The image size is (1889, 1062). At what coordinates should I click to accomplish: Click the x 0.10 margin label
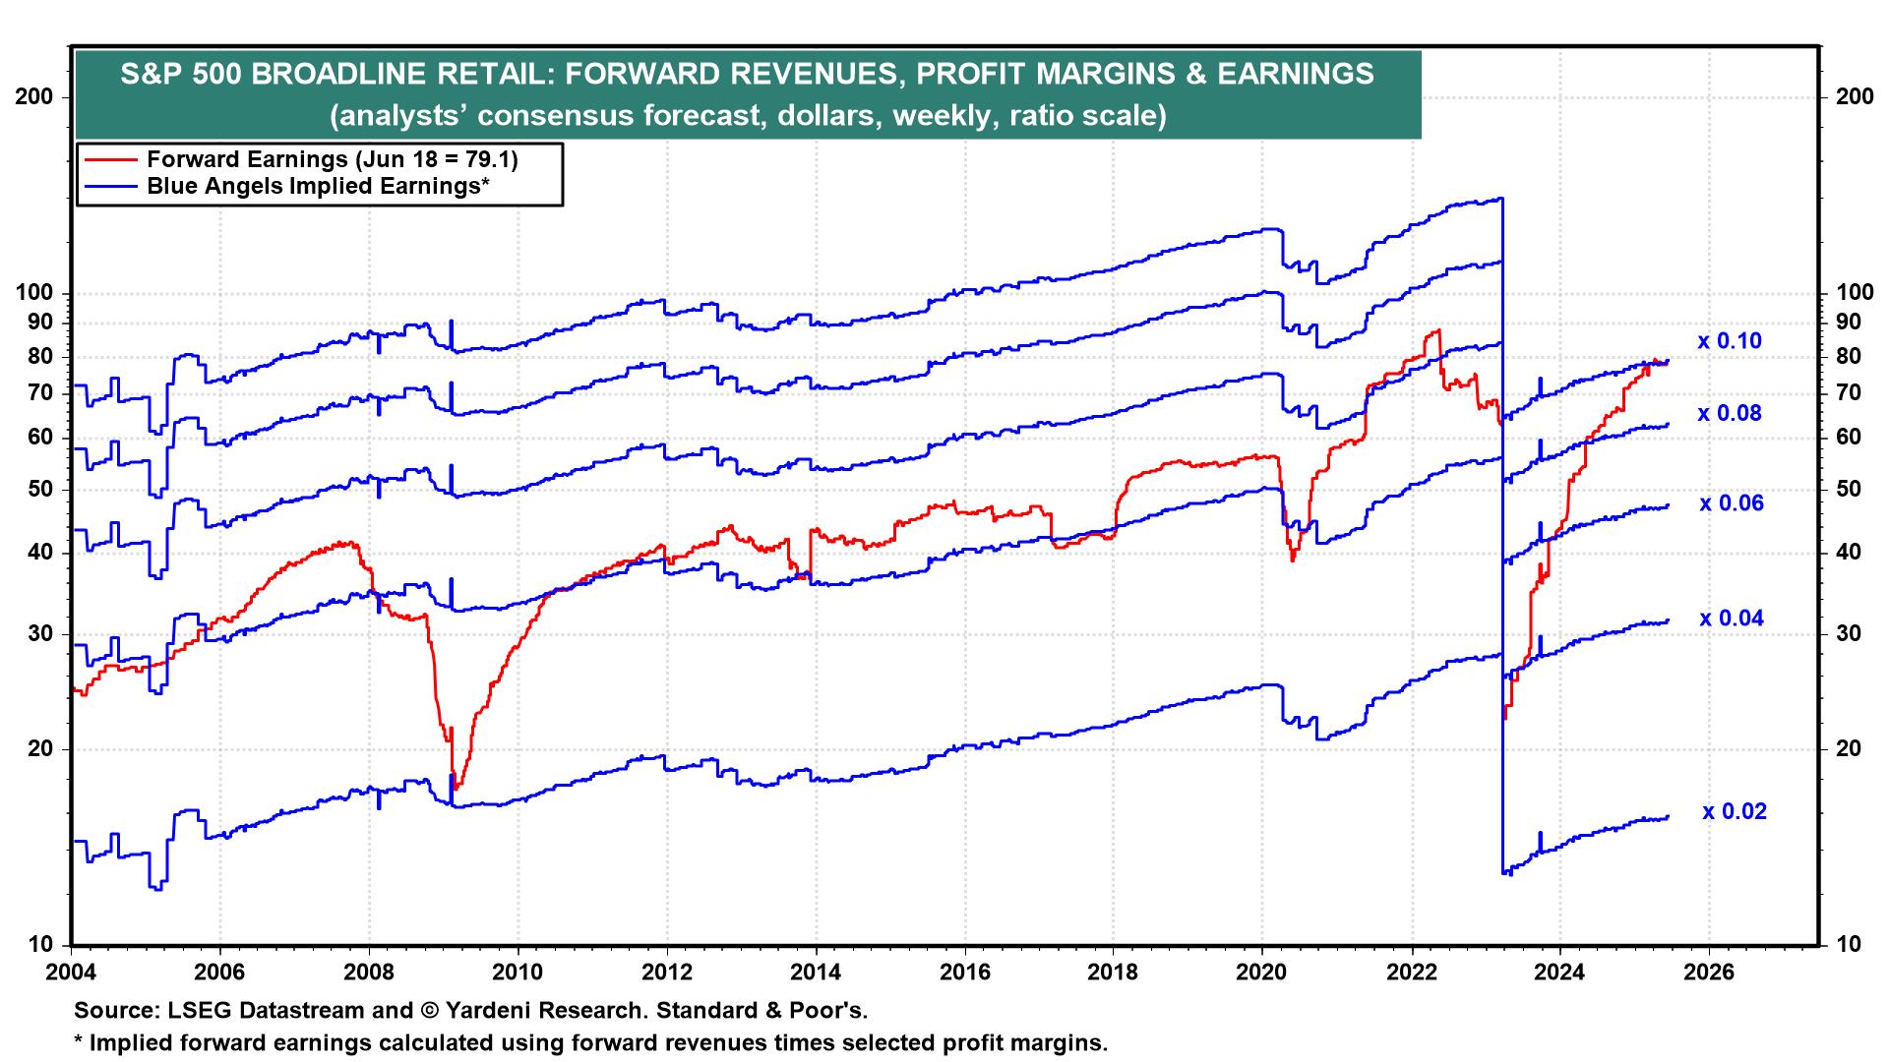[x=1729, y=342]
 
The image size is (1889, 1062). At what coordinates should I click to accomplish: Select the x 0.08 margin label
[x=1729, y=414]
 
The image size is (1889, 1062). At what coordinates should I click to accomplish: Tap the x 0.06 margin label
[x=1731, y=503]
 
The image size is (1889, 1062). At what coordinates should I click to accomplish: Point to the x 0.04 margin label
[x=1731, y=619]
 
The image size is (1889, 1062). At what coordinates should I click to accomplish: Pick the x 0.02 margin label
[x=1735, y=812]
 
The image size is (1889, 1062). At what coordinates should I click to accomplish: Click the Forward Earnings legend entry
[x=332, y=159]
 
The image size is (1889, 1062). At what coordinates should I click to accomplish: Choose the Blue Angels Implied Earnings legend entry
[x=318, y=186]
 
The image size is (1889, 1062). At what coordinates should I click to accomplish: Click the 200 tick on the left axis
[x=36, y=97]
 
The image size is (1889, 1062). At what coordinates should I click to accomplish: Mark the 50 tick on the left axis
[x=42, y=490]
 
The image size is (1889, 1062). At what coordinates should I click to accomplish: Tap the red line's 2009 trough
[x=456, y=789]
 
